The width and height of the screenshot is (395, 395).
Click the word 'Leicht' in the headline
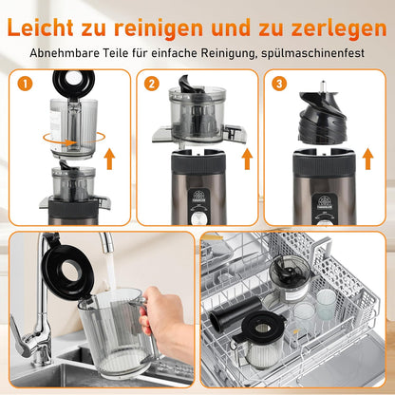point(40,28)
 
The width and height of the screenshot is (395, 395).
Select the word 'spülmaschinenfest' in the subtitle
point(313,53)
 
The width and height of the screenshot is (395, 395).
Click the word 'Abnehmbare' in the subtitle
point(64,53)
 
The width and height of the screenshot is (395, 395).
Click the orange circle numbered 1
point(25,84)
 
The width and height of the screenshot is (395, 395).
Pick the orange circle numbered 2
point(152,84)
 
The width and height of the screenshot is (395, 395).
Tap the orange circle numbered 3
point(279,84)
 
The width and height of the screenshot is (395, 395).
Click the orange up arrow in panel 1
point(109,159)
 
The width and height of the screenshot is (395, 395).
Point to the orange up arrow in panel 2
point(247,159)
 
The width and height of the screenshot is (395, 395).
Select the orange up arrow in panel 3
point(367,159)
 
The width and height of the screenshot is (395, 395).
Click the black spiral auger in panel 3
point(323,116)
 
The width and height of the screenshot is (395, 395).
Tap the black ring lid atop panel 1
point(74,83)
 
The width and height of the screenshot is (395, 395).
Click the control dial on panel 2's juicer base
point(198,218)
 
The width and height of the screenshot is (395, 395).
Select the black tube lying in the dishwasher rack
point(235,310)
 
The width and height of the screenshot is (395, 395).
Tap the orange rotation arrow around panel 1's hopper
point(74,140)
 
